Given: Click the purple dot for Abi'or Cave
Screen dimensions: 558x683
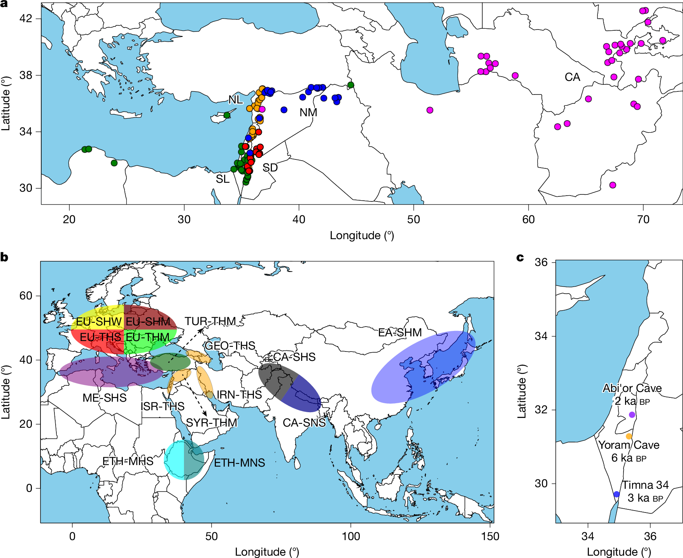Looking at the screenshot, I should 632,415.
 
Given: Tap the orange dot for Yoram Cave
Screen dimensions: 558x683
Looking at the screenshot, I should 629,436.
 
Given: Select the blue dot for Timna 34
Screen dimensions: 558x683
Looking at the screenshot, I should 616,494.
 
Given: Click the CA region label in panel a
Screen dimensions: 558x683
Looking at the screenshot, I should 572,77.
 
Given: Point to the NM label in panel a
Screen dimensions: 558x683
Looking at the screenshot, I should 308,112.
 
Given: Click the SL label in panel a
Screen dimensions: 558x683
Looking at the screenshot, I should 223,179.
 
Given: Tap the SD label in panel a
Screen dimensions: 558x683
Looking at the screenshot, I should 270,168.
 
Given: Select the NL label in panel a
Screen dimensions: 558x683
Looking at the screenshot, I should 235,100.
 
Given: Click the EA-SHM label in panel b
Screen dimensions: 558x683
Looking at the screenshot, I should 400,332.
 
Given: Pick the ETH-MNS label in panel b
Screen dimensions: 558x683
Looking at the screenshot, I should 240,463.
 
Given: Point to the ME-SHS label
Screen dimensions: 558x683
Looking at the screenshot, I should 105,398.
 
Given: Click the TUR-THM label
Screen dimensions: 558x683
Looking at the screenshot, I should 210,321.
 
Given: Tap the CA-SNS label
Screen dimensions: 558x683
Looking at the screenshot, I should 304,423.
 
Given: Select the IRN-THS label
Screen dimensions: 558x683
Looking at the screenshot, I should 239,395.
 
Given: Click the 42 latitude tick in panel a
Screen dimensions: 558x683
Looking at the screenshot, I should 26,18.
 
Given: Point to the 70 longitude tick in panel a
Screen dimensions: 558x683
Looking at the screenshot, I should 643,220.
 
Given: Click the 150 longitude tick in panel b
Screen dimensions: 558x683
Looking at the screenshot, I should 490,537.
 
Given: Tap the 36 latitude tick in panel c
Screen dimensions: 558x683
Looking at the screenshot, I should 541,262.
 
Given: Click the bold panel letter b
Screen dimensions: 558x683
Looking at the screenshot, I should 4,257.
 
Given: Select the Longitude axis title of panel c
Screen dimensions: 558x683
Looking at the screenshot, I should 619,552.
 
